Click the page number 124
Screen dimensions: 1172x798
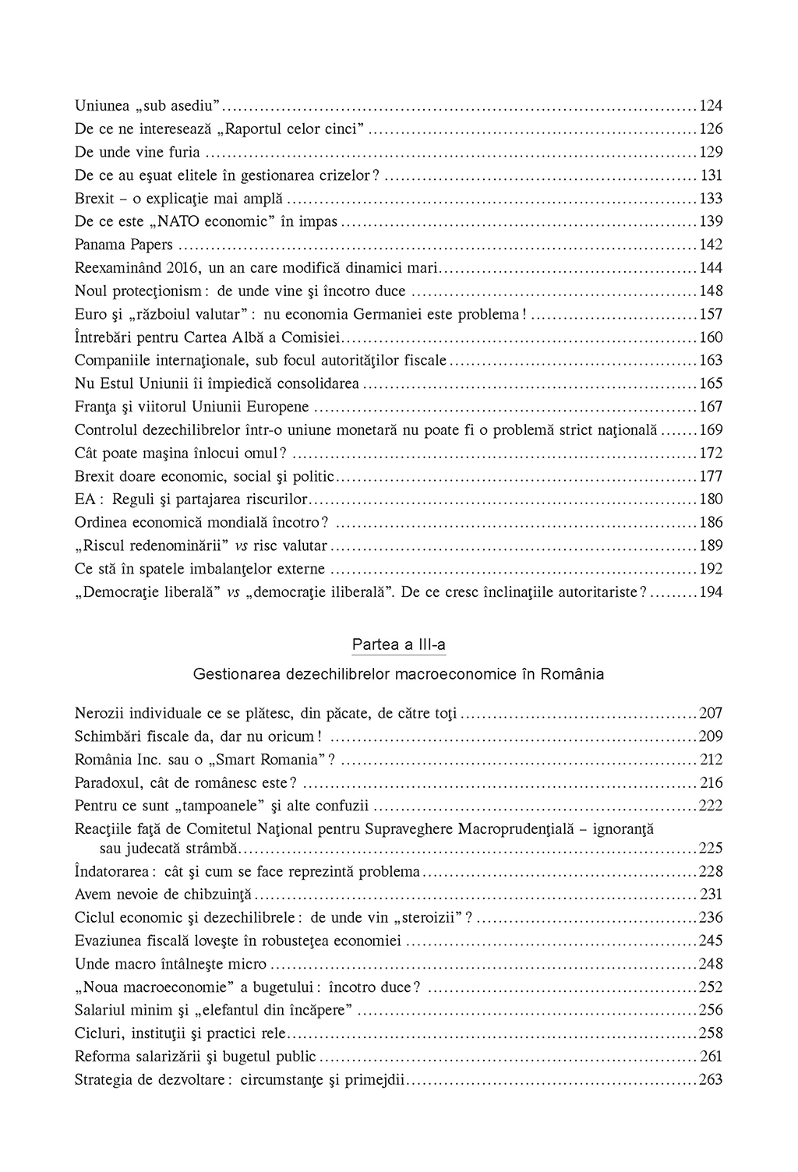point(711,106)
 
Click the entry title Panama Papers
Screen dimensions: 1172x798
point(124,245)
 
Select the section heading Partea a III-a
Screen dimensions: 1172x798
point(399,645)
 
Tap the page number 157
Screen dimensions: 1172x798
point(711,314)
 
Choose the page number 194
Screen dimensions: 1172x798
point(711,592)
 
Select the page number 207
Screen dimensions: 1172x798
point(711,713)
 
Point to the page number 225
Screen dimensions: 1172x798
point(711,848)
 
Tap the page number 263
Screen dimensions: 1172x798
point(711,1080)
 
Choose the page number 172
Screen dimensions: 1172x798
point(711,453)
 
